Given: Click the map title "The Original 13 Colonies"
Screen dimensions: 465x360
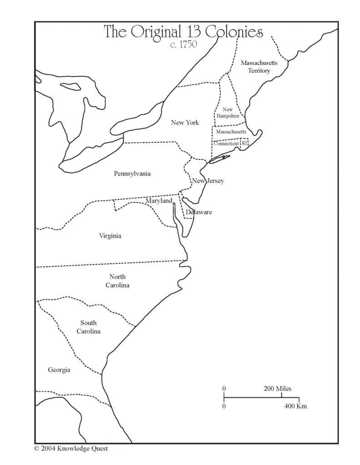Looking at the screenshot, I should point(184,32).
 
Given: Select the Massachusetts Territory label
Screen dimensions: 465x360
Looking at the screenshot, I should point(255,67).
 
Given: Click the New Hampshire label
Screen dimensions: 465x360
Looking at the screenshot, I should point(228,113).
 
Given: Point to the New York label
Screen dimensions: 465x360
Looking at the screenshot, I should point(185,123).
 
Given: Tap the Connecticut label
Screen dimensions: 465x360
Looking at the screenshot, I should point(226,143).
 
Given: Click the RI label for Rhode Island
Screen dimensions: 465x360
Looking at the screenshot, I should point(244,143).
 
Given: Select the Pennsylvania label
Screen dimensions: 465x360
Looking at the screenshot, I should point(132,173).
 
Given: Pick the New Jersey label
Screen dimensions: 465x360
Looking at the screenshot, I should point(208,181).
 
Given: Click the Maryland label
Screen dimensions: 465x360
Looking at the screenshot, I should point(159,200).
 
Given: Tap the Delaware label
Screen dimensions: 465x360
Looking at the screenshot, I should point(199,212).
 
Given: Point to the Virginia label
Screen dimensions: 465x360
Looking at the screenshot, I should point(110,236).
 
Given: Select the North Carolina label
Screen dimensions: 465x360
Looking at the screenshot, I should point(118,281).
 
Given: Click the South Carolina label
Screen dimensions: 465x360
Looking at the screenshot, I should point(88,327).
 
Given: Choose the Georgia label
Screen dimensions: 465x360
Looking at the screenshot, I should point(59,370).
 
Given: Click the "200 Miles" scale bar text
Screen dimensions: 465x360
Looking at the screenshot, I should point(277,389).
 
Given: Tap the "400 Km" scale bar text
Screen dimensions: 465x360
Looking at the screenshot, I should point(295,406).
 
